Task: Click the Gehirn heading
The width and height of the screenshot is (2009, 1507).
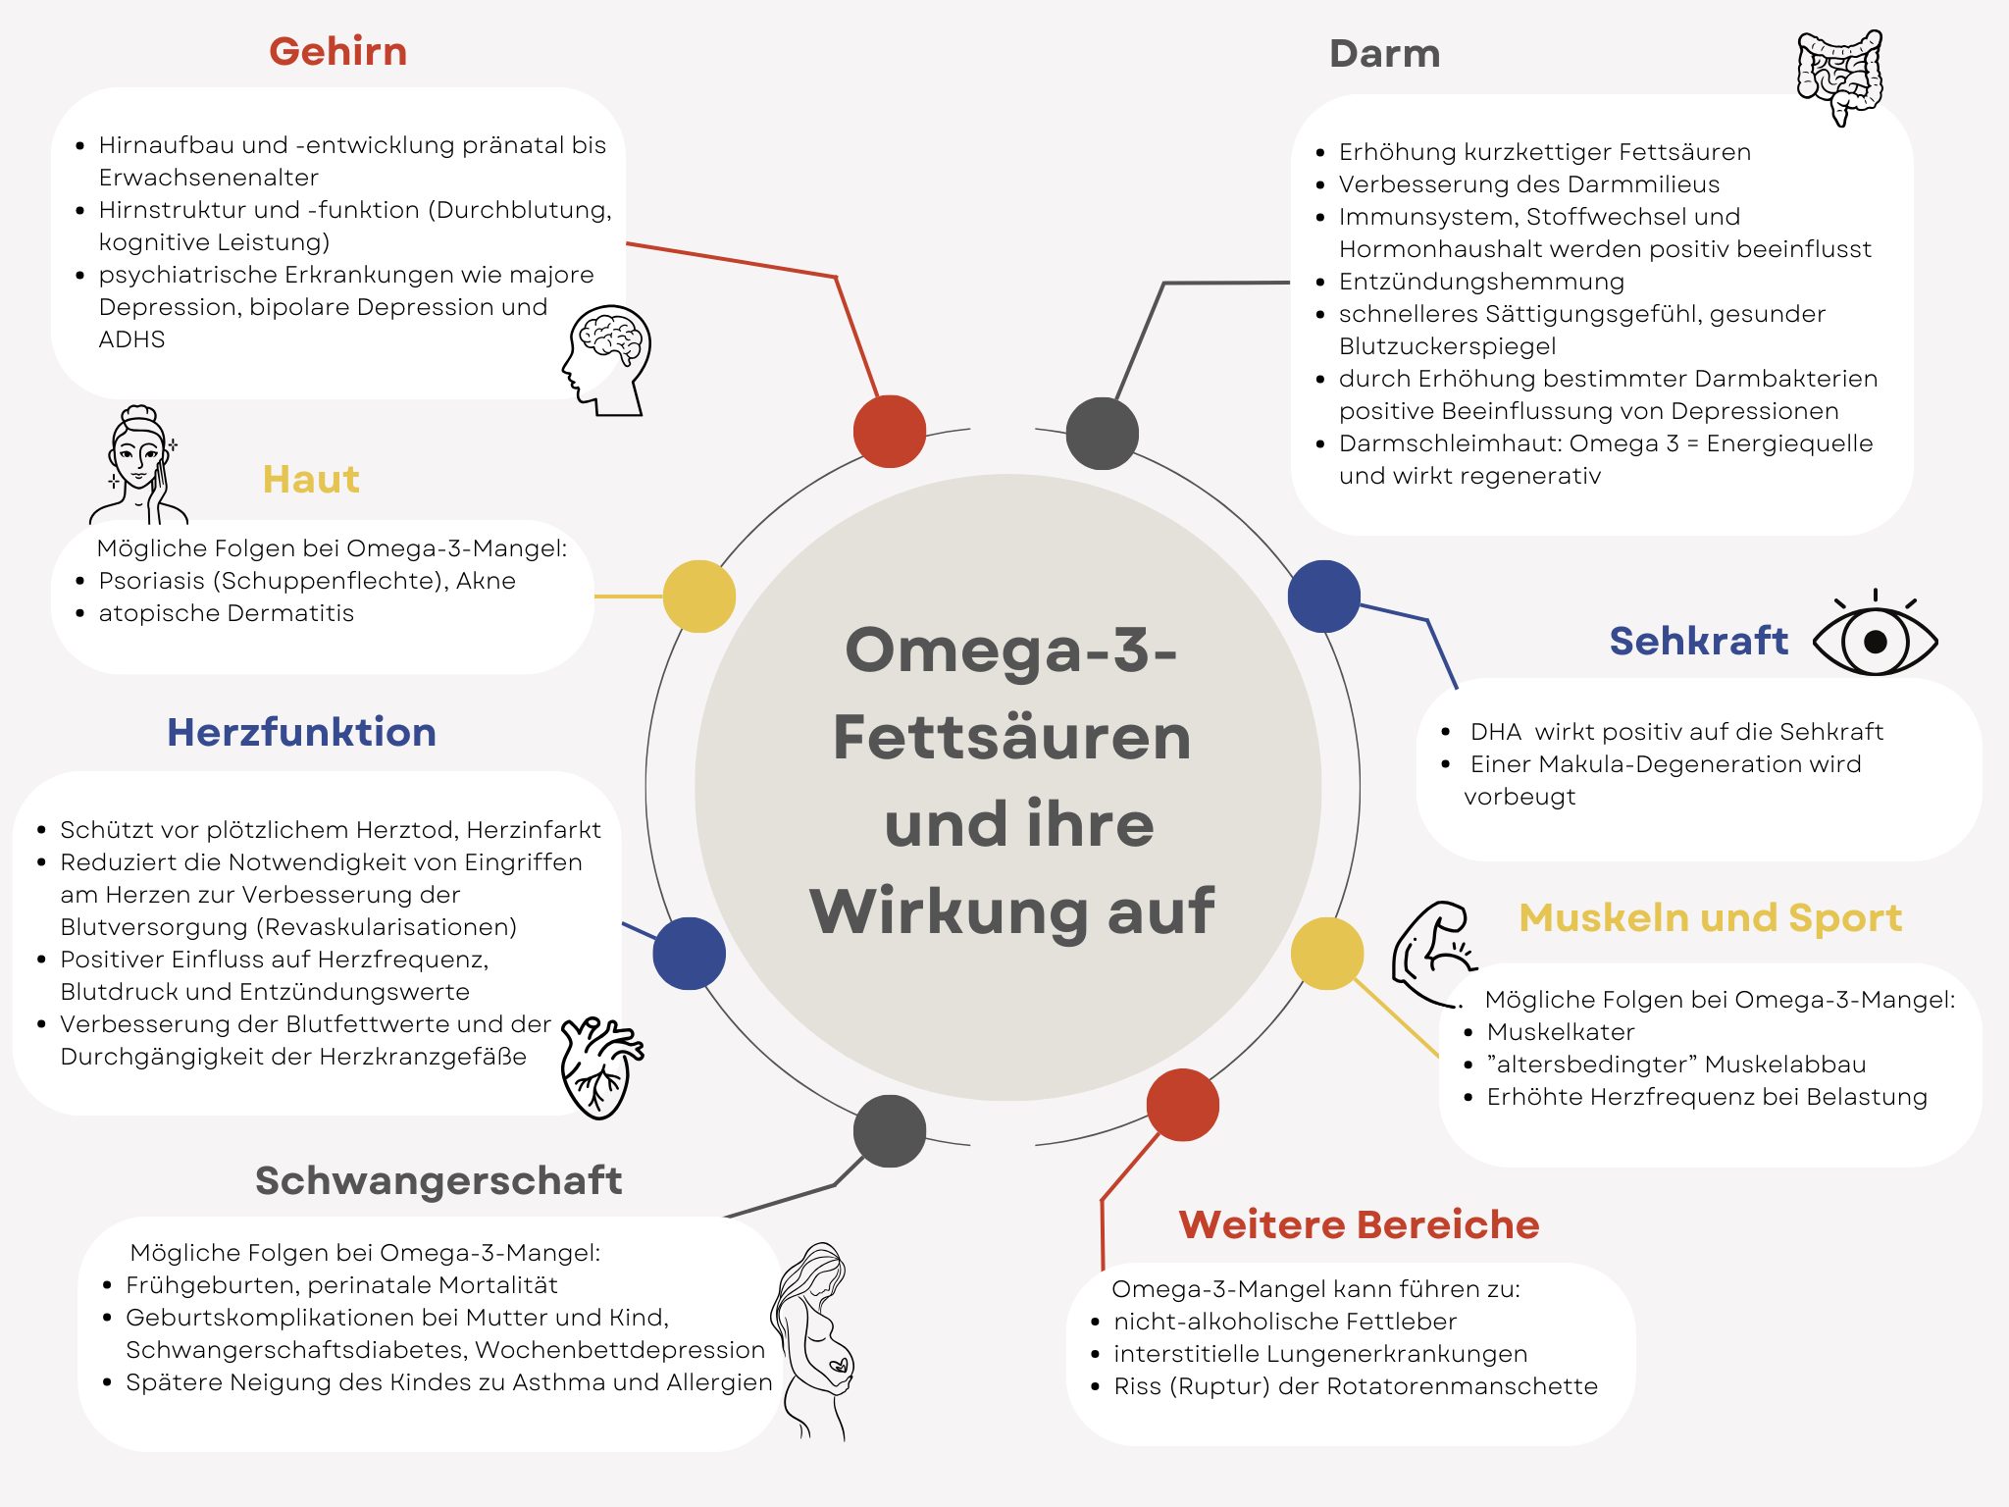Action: [337, 52]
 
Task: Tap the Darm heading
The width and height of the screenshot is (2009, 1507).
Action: [1384, 54]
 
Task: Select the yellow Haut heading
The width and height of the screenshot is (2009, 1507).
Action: [311, 480]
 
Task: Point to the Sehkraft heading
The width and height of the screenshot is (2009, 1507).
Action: [1698, 641]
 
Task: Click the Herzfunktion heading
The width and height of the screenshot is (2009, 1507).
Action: [301, 732]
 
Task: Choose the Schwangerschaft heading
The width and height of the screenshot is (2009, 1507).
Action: [438, 1180]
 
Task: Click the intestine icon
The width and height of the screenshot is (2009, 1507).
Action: [1839, 77]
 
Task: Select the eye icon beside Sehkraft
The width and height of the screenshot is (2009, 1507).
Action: [1875, 639]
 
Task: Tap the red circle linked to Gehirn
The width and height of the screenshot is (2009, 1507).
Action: [889, 432]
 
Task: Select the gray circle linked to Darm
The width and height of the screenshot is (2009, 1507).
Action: [1102, 434]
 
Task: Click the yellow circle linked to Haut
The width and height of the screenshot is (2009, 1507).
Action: [698, 597]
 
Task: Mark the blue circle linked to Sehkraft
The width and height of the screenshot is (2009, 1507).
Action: [1323, 597]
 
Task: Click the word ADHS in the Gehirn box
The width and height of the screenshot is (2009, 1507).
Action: [131, 339]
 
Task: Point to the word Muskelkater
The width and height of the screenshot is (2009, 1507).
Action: [1560, 1032]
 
